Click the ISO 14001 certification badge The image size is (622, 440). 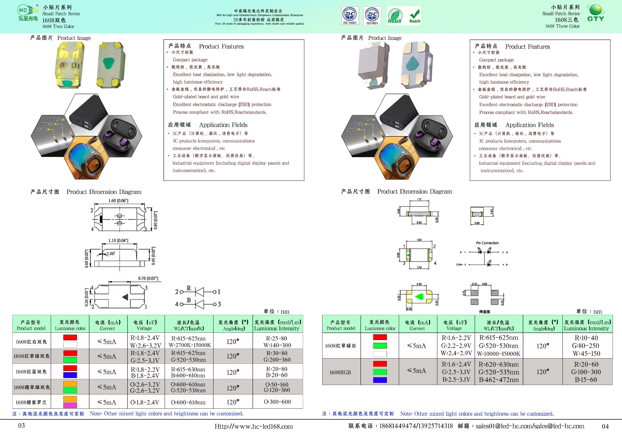(350, 15)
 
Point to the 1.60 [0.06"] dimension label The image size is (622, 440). (118, 201)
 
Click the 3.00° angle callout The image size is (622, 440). (110, 253)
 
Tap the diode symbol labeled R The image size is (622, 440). (199, 292)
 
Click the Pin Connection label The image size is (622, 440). (487, 243)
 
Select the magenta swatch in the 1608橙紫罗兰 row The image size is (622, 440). (70, 405)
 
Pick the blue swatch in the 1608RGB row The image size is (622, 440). (380, 380)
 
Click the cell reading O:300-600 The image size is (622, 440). (277, 402)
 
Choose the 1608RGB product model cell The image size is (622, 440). (340, 372)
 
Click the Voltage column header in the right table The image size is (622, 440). (454, 325)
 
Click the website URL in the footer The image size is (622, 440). (254, 427)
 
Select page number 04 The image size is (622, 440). (605, 426)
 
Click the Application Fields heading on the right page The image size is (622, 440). (529, 125)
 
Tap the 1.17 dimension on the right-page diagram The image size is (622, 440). (419, 200)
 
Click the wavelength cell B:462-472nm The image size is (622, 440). (498, 380)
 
